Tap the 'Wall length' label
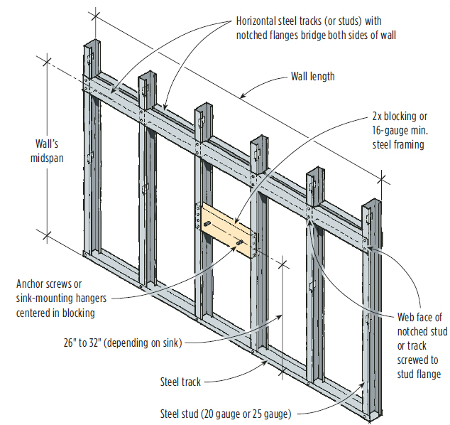coord(312,77)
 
